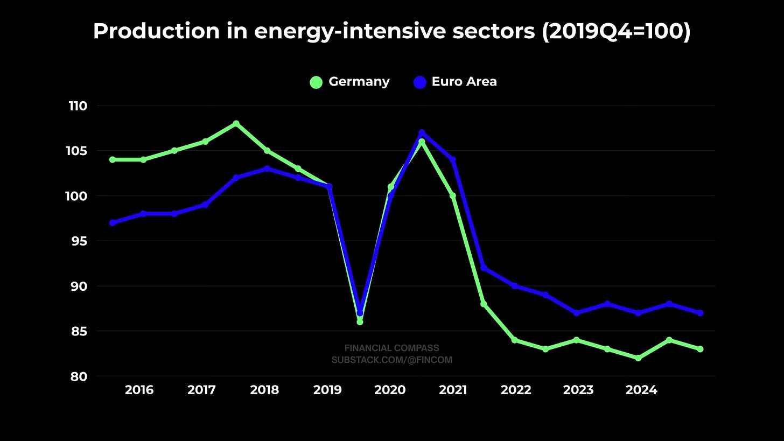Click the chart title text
[391, 31]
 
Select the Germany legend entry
[349, 82]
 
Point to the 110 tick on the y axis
[78, 106]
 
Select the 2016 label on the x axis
[139, 390]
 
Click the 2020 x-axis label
[390, 390]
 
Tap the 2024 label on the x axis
[641, 390]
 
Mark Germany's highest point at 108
[236, 124]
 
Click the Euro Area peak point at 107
[422, 132]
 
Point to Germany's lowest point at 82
[638, 358]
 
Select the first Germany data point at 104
[112, 160]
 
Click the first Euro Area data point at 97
[112, 223]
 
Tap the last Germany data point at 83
[700, 349]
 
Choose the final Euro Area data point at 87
[700, 313]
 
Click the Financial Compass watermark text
[391, 348]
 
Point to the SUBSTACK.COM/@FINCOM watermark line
[391, 360]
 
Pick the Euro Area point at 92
[484, 268]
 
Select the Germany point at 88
[484, 304]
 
